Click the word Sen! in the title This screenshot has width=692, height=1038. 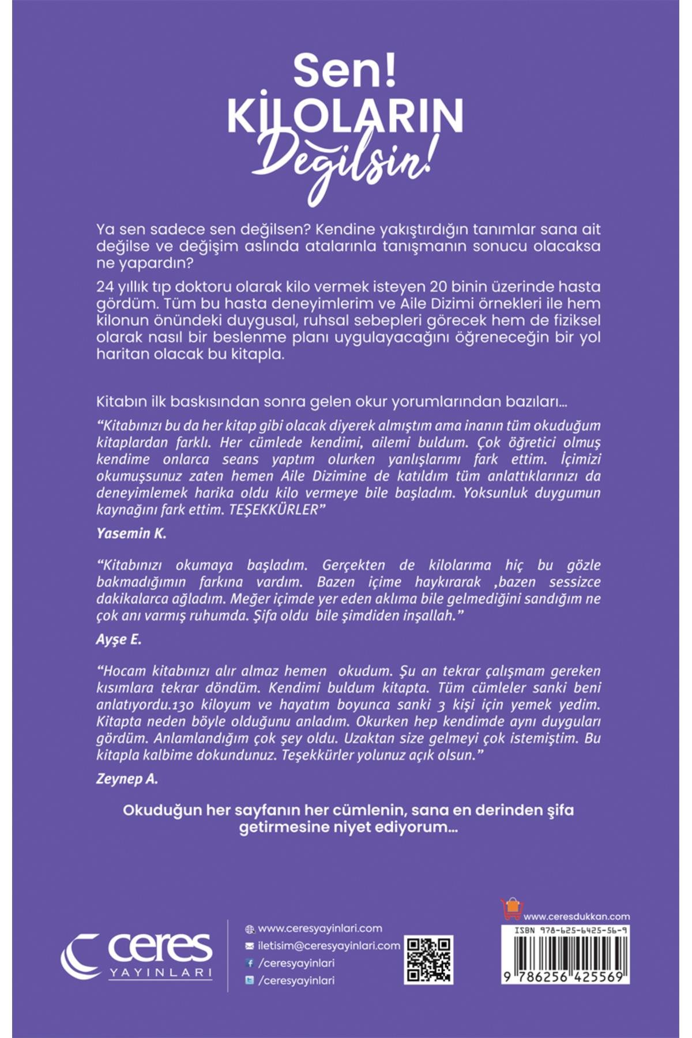click(345, 72)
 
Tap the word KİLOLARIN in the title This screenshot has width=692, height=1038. click(345, 115)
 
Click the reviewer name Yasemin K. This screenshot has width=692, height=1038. click(131, 533)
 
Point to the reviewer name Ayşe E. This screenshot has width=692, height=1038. click(118, 640)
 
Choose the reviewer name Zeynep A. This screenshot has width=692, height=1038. click(127, 779)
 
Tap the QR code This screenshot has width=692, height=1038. click(428, 960)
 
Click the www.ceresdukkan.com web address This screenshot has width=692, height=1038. click(577, 916)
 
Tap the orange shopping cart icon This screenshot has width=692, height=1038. click(511, 909)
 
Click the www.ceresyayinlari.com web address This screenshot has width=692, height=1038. click(320, 928)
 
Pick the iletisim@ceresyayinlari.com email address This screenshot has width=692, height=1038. click(329, 946)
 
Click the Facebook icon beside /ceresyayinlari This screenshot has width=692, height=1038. click(250, 963)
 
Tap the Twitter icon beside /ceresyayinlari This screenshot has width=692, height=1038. click(250, 980)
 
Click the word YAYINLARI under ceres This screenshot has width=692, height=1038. click(160, 973)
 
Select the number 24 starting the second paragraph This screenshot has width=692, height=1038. click(104, 287)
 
